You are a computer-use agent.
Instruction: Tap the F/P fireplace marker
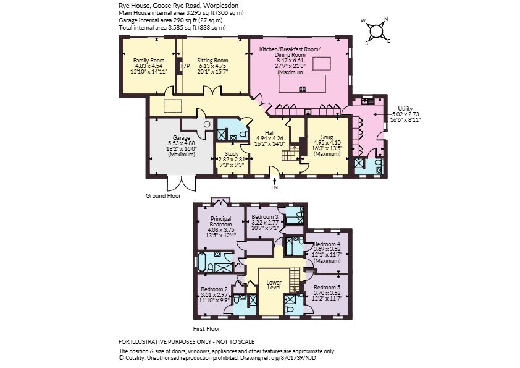click(x=185, y=66)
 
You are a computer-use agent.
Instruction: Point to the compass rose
click(x=376, y=31)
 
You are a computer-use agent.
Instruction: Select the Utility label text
click(x=405, y=109)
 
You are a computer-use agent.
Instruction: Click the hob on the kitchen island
click(x=303, y=88)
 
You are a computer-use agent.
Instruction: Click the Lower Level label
click(x=274, y=285)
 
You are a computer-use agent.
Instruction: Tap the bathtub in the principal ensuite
click(x=201, y=261)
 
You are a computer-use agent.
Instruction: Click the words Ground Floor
click(x=163, y=196)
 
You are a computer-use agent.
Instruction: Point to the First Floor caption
click(x=207, y=329)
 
